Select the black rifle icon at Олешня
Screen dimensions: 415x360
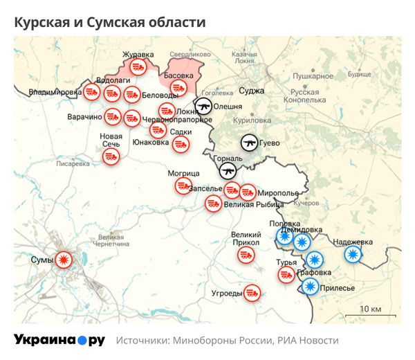click(x=203, y=106)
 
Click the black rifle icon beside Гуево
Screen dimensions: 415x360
click(x=250, y=143)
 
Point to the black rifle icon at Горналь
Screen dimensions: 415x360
click(x=228, y=170)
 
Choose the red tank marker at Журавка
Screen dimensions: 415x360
click(x=138, y=66)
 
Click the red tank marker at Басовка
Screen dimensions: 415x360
click(x=178, y=88)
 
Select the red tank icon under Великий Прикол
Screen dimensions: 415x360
click(x=246, y=255)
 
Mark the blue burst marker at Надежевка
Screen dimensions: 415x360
click(x=353, y=254)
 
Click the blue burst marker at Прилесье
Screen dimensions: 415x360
click(x=311, y=286)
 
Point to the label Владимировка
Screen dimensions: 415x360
click(x=55, y=91)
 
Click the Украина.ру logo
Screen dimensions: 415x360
click(x=59, y=341)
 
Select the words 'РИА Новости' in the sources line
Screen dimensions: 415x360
click(x=308, y=341)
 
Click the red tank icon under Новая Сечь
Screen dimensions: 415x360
click(x=110, y=157)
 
